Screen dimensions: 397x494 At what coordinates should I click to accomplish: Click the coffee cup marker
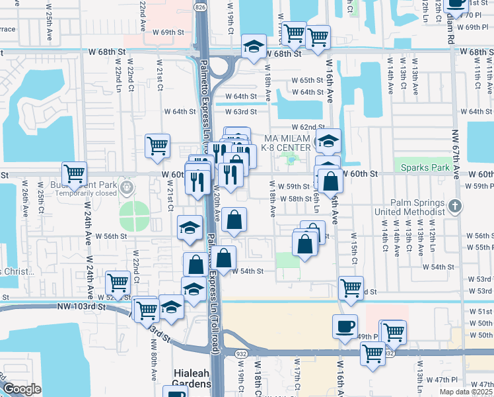click(345, 326)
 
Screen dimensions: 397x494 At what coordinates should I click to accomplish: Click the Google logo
click(22, 389)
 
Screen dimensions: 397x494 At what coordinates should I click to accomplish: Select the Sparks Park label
click(420, 168)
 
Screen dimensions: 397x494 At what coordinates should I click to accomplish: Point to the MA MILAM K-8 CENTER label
click(287, 142)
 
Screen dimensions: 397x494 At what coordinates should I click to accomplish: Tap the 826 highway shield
click(199, 6)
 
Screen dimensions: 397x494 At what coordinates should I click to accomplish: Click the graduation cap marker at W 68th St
click(254, 46)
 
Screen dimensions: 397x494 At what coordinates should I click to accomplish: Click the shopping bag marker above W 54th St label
click(225, 259)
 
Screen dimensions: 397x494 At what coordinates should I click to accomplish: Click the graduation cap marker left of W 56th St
click(190, 228)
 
